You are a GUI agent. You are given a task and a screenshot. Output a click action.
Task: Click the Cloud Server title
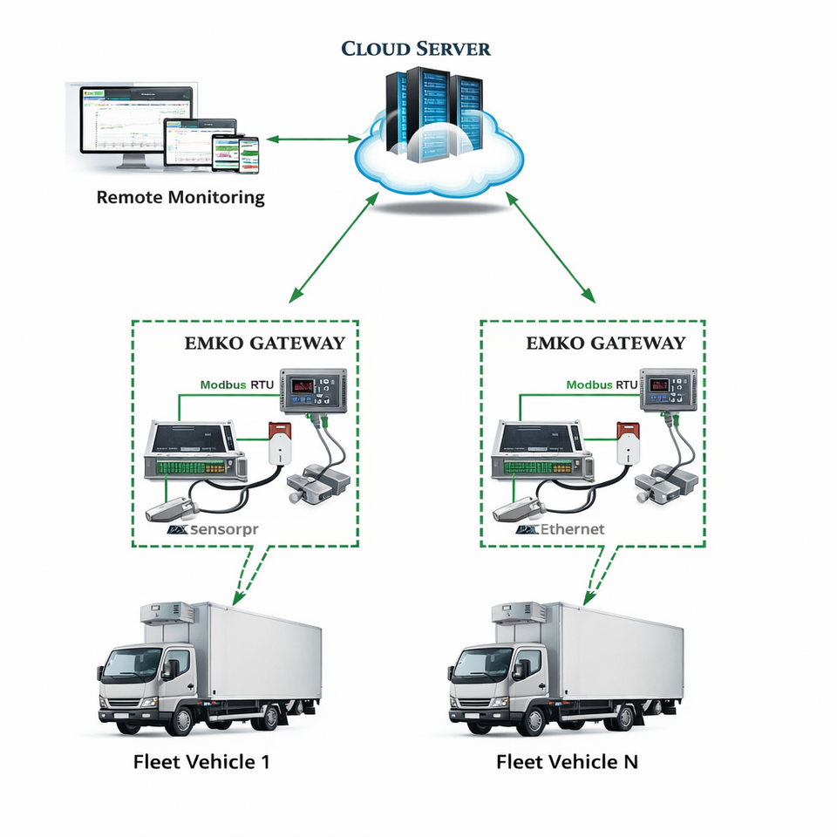415,48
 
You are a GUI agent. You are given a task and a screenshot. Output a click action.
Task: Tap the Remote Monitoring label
180,197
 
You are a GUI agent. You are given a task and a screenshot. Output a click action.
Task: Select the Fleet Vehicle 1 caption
201,761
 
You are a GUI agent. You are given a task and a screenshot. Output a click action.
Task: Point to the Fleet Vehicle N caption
567,761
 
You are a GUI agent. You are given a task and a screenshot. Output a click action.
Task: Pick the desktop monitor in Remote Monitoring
131,122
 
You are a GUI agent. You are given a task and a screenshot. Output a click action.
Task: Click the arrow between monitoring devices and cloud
316,139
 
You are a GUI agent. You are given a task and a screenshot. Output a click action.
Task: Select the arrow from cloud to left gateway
335,245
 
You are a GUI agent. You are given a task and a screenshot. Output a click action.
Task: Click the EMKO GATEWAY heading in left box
264,344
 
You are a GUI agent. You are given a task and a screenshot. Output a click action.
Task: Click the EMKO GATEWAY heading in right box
606,344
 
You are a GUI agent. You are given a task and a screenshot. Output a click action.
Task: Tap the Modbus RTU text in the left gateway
235,384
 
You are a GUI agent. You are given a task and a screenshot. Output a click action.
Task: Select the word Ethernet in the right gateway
572,528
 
